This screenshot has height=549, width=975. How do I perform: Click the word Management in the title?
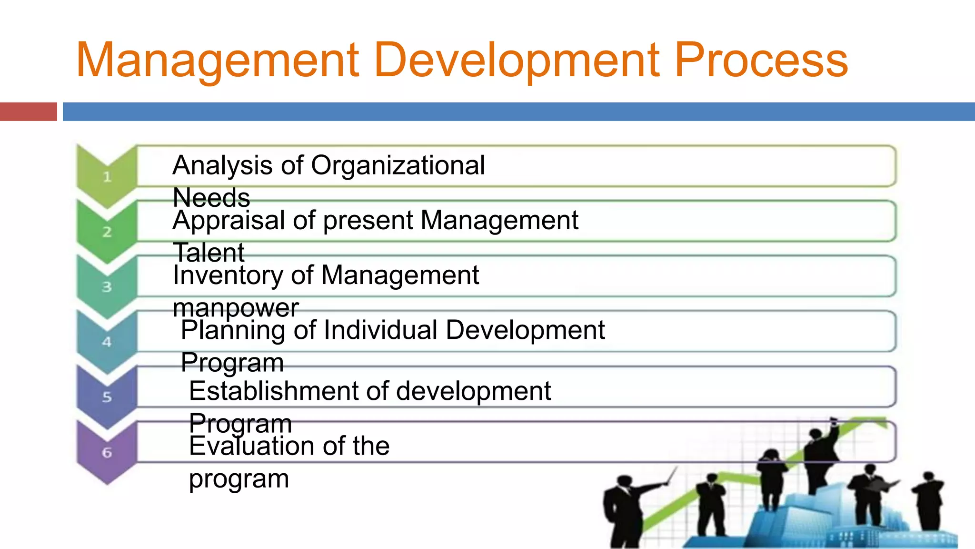(x=217, y=61)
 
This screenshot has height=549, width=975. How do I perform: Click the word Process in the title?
(x=761, y=61)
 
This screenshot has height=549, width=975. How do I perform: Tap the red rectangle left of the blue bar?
(x=28, y=112)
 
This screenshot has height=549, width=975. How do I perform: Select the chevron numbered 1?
(x=107, y=177)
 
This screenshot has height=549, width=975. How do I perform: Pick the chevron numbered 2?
(x=107, y=232)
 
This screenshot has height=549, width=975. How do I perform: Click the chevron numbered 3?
(x=107, y=287)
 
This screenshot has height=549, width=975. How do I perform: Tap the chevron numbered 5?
(x=107, y=397)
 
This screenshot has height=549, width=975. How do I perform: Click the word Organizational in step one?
(x=398, y=166)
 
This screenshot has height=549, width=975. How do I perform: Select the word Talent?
(x=209, y=253)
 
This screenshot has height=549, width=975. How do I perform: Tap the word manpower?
(x=236, y=308)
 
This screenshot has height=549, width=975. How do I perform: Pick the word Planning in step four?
(x=233, y=331)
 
